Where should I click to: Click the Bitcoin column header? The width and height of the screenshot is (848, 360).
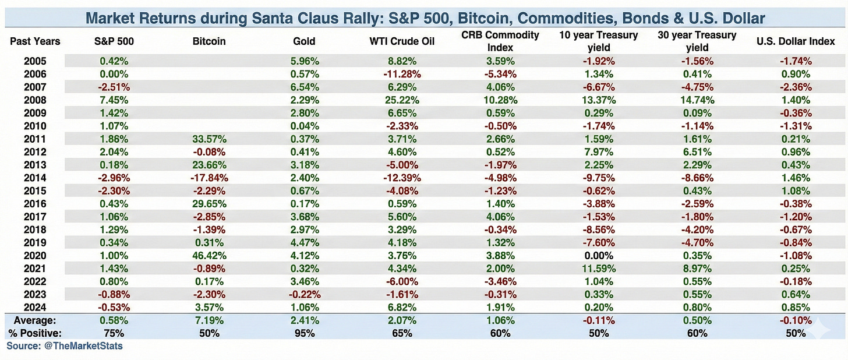pos(209,41)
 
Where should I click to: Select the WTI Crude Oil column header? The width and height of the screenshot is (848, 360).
pos(402,41)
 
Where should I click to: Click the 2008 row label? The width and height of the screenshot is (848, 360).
pos(36,100)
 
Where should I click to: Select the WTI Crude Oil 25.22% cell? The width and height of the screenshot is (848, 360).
pos(402,100)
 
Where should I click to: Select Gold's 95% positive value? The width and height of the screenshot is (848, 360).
pos(305,333)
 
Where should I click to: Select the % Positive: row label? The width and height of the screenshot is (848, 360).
pos(35,333)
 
